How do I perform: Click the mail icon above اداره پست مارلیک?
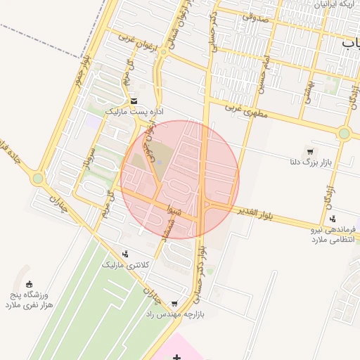134,101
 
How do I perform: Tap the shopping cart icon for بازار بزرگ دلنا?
310,152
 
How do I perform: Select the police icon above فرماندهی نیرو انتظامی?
333,218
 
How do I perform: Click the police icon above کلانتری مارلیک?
125,254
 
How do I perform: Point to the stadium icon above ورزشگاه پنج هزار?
29,283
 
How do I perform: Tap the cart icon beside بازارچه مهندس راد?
174,304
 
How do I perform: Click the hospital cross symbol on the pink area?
176,359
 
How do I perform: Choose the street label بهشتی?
307,88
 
